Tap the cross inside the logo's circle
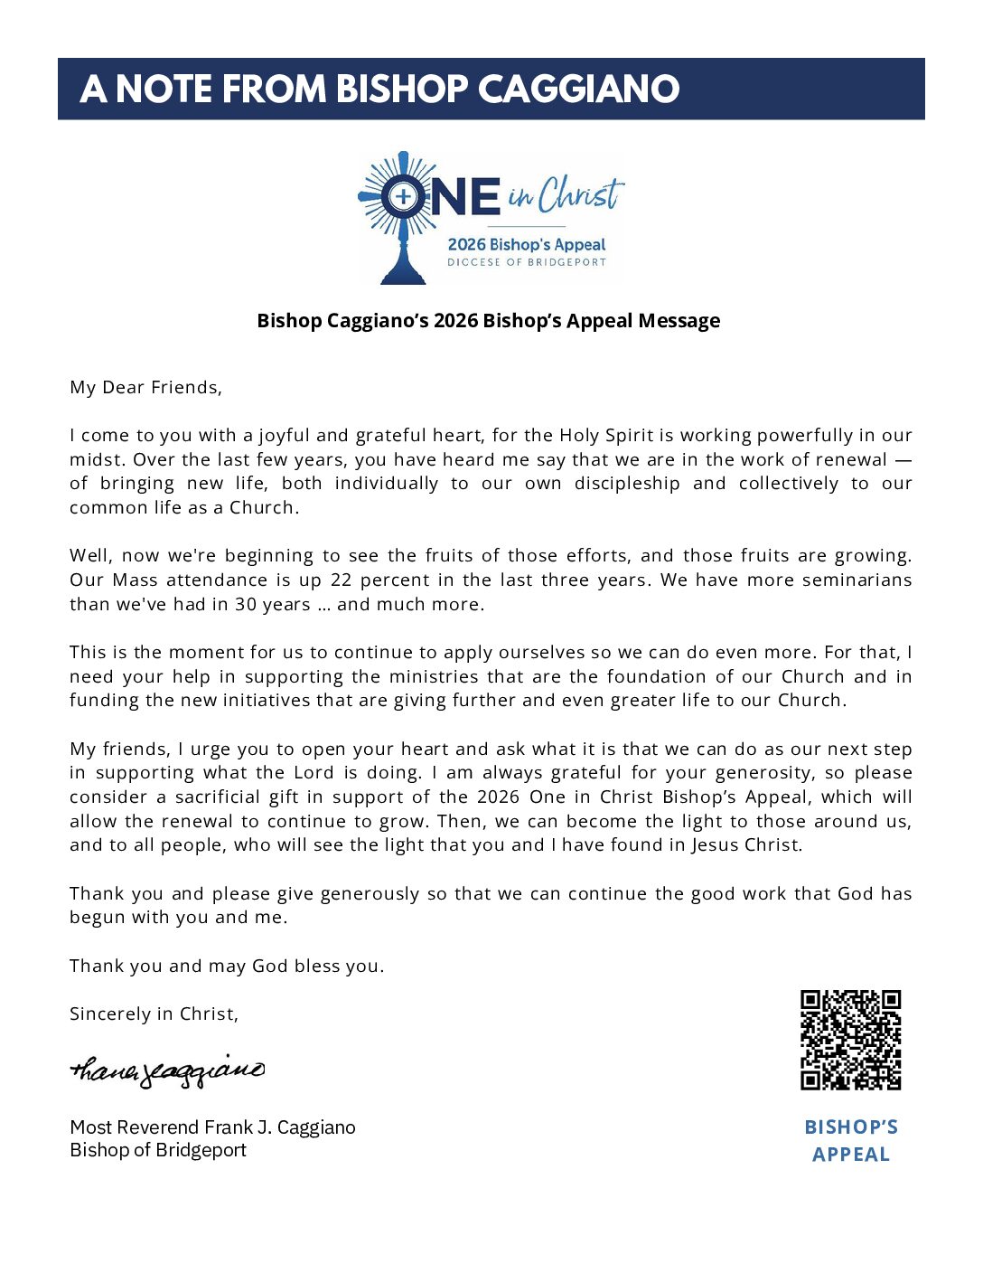(x=404, y=196)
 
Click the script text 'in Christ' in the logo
(x=566, y=194)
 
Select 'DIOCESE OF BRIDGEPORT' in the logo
(x=527, y=262)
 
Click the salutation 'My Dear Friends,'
(x=145, y=388)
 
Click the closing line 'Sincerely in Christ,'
(x=154, y=1014)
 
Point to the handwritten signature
(x=168, y=1070)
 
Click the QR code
(x=850, y=1040)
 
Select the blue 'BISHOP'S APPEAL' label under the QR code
(x=851, y=1141)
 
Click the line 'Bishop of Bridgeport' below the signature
(x=158, y=1150)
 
